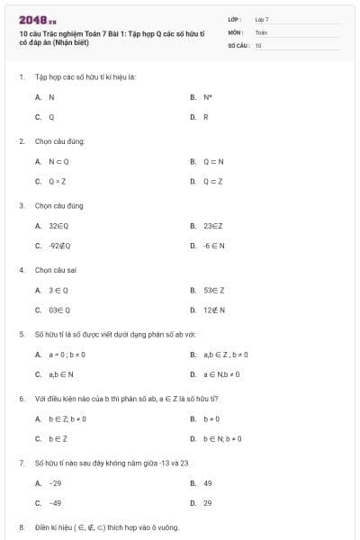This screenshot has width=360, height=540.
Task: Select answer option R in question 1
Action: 206,117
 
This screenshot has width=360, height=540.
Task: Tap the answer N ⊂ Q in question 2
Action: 58,161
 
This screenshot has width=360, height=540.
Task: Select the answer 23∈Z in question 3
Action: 213,226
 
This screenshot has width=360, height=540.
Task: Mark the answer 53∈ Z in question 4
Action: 214,290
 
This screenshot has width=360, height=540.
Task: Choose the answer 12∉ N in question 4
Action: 214,310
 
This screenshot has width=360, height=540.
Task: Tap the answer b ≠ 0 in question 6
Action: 211,418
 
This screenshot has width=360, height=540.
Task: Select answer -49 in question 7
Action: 55,503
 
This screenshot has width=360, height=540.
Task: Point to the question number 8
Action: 21,526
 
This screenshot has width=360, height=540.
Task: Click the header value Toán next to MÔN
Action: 261,31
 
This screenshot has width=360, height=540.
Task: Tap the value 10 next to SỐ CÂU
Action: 258,44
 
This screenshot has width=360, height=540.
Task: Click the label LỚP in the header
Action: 235,19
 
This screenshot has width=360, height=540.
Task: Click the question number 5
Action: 21,334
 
